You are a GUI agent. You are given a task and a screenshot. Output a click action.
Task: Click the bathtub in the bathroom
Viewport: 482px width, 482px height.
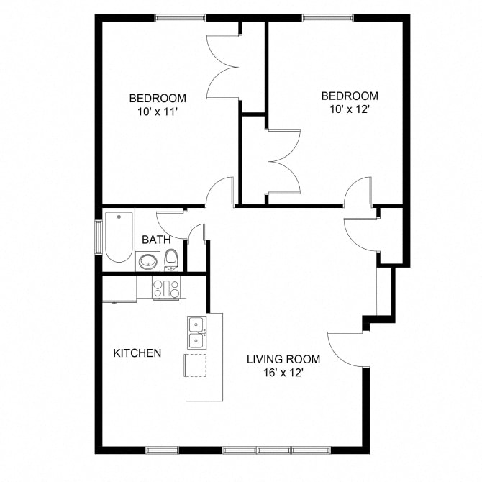pyautogui.click(x=119, y=237)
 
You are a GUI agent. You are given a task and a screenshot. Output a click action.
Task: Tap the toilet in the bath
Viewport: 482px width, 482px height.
pyautogui.click(x=171, y=259)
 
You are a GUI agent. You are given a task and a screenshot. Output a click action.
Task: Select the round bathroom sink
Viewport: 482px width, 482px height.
pyautogui.click(x=148, y=262)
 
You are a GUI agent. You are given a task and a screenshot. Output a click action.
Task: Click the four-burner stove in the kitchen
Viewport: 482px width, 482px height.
pyautogui.click(x=166, y=288)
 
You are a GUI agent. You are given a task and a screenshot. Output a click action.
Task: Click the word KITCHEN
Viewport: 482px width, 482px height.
pyautogui.click(x=137, y=353)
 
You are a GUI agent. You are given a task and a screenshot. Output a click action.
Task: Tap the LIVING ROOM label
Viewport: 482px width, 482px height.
pyautogui.click(x=283, y=359)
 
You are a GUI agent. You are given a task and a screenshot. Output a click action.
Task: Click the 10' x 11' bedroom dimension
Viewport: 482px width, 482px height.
pyautogui.click(x=158, y=112)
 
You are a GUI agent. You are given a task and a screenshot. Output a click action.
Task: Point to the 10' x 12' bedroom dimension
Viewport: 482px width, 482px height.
pyautogui.click(x=349, y=109)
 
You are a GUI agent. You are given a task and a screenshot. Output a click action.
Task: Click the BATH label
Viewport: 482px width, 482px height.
pyautogui.click(x=155, y=240)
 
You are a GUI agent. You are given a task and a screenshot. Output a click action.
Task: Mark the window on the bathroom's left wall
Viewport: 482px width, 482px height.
pyautogui.click(x=99, y=237)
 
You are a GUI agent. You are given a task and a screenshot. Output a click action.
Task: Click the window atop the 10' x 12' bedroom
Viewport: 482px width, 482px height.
pyautogui.click(x=327, y=18)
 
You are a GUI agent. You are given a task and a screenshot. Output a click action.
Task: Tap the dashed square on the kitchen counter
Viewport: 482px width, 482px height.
pyautogui.click(x=195, y=365)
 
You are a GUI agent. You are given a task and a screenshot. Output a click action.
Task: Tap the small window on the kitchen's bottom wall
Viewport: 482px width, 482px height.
pyautogui.click(x=162, y=450)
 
